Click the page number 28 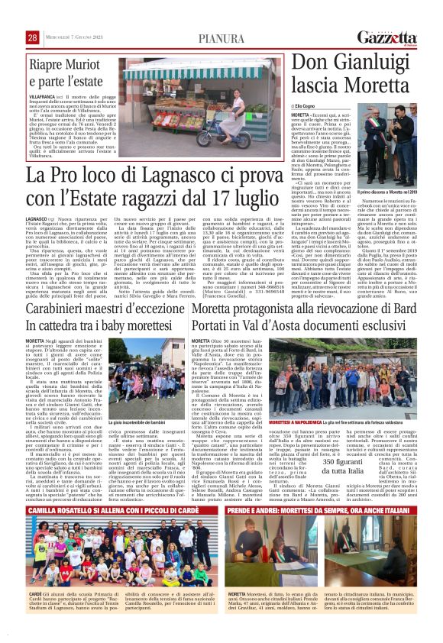[11, 37]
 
